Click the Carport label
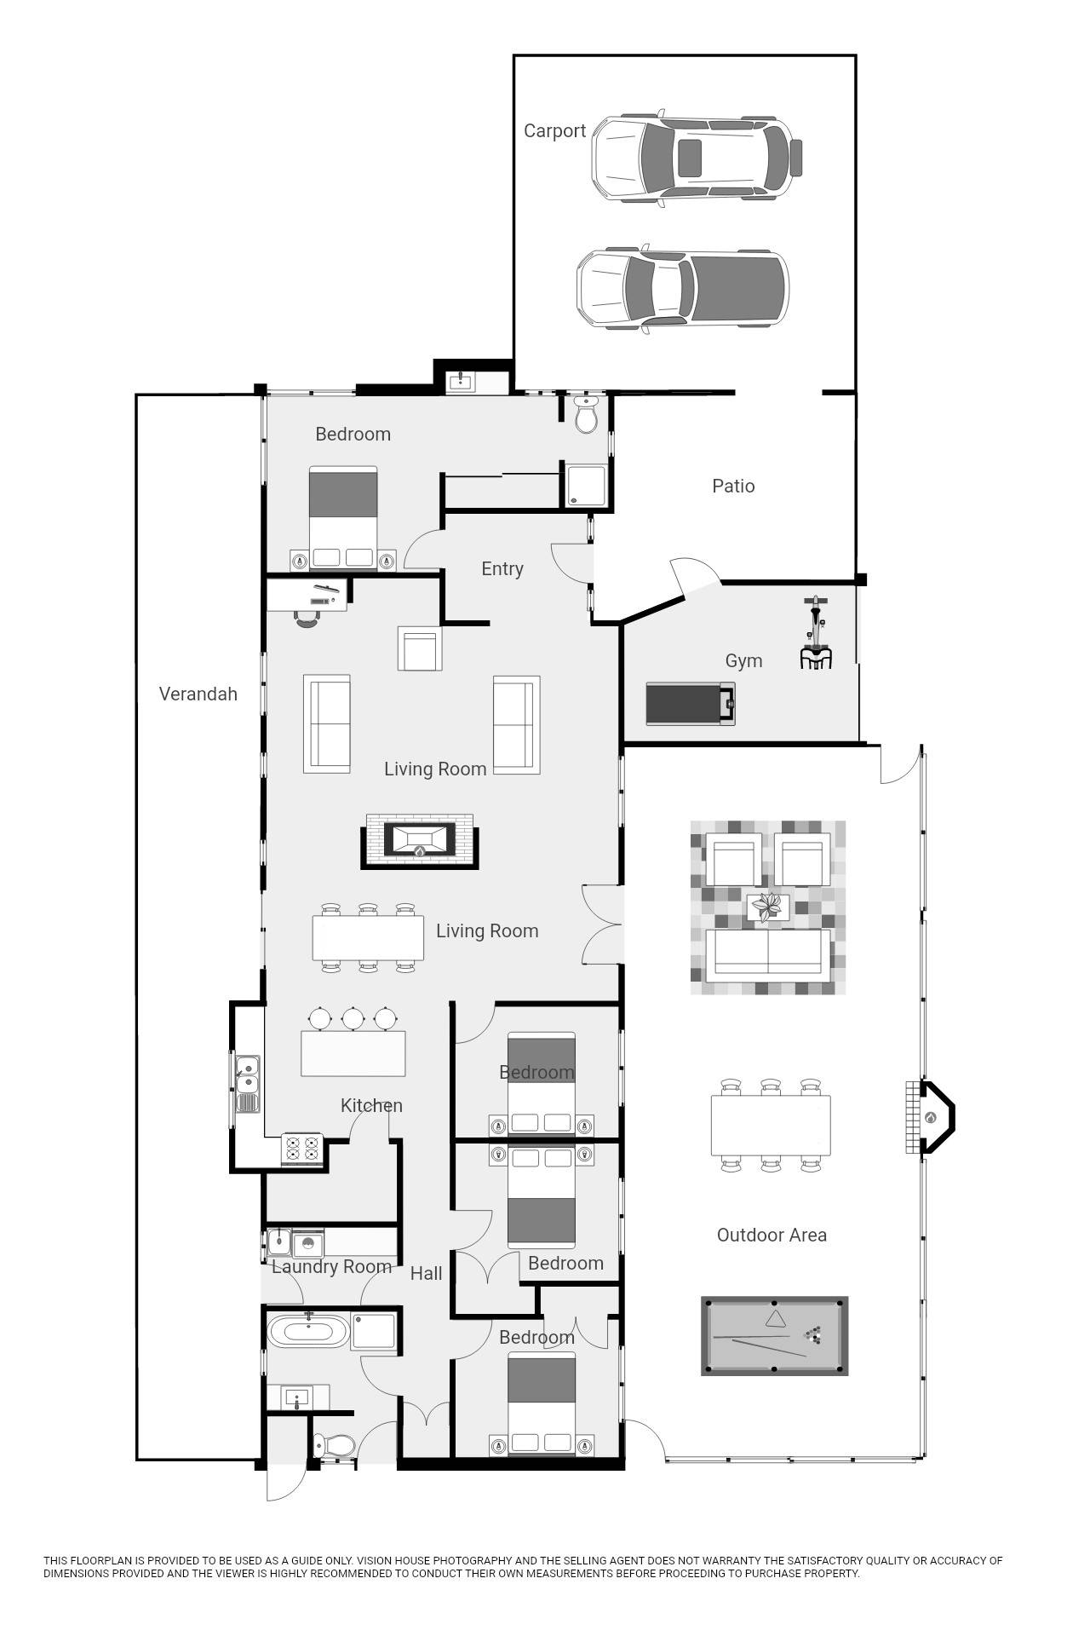[554, 131]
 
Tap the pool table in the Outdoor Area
[774, 1335]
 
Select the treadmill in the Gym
[690, 704]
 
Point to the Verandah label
[198, 694]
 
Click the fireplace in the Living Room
[419, 840]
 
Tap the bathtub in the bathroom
[308, 1331]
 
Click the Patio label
[733, 487]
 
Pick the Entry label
[502, 569]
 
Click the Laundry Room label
[331, 1267]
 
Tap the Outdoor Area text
[772, 1236]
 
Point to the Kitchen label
[371, 1106]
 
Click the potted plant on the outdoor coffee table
[770, 907]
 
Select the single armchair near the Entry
[420, 649]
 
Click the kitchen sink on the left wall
[247, 1075]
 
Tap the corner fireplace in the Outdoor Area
[932, 1117]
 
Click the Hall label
[426, 1274]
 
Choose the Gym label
[743, 661]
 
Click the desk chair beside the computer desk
[307, 619]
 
